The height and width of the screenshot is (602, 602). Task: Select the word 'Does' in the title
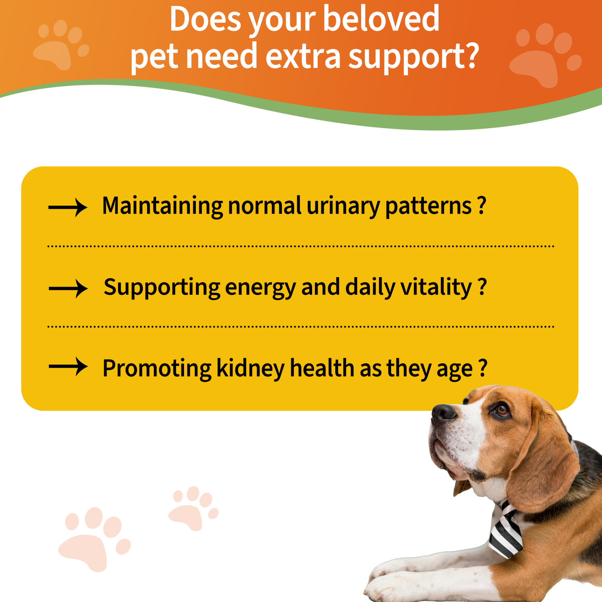coord(205,19)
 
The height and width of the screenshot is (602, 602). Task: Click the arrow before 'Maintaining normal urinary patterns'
coord(68,208)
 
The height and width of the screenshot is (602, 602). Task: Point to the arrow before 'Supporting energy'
coord(68,288)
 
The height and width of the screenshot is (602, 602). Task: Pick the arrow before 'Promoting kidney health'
coord(68,367)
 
